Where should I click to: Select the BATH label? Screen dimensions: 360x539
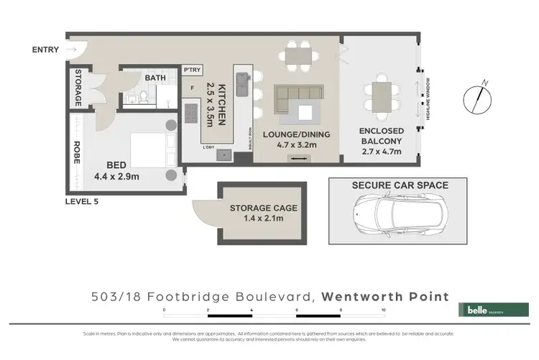[x=155, y=78]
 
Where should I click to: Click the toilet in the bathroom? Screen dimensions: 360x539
[x=143, y=95]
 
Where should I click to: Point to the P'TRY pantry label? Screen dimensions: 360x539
[x=192, y=70]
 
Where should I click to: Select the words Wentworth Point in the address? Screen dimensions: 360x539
[x=384, y=296]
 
